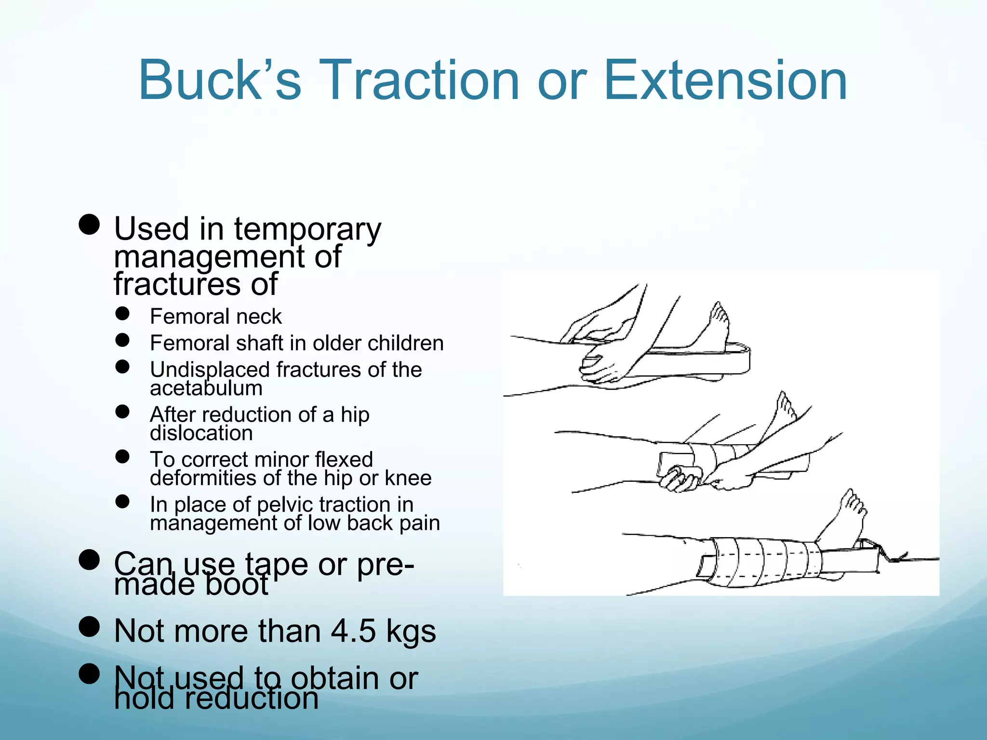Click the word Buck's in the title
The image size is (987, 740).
pyautogui.click(x=220, y=80)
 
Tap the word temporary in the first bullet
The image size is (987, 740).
pyautogui.click(x=307, y=230)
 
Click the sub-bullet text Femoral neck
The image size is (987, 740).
pyautogui.click(x=215, y=317)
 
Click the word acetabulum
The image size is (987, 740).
pyautogui.click(x=206, y=388)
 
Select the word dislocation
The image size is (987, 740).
pyautogui.click(x=201, y=433)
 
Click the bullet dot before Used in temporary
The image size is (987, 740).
pyautogui.click(x=89, y=225)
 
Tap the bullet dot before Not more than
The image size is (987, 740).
pyautogui.click(x=89, y=627)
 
